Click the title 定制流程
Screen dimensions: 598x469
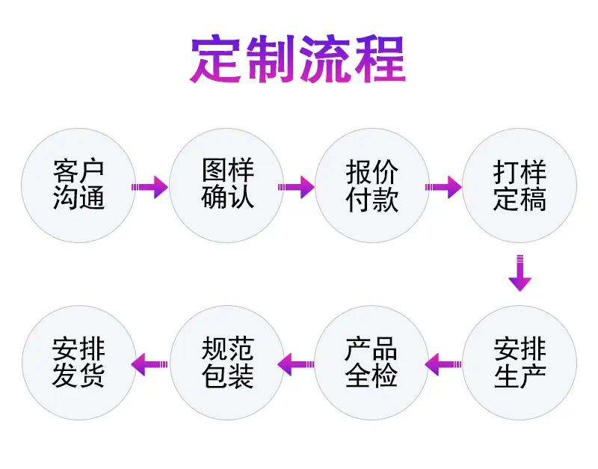[298, 59]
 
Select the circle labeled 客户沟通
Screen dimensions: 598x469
[78, 186]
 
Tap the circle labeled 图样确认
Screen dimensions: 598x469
[226, 186]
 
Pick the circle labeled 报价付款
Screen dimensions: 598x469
[372, 186]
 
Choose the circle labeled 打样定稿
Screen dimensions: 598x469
[520, 186]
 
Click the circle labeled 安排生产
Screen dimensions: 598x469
[520, 363]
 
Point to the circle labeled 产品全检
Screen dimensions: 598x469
[372, 363]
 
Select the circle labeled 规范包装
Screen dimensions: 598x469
[227, 363]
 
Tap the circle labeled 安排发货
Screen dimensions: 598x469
[79, 363]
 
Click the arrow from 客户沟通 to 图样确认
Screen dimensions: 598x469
[149, 187]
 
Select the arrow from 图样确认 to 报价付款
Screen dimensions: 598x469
[296, 187]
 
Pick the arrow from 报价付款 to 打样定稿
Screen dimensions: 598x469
[443, 187]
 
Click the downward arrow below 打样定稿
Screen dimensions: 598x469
[520, 273]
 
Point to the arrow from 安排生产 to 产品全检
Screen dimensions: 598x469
[443, 364]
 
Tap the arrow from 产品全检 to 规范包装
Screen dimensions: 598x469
[296, 364]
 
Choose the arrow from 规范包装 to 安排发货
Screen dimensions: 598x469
[149, 364]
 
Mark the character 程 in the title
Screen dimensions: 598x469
[380, 59]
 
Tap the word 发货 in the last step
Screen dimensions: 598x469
[78, 376]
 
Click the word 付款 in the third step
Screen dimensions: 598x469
[372, 199]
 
